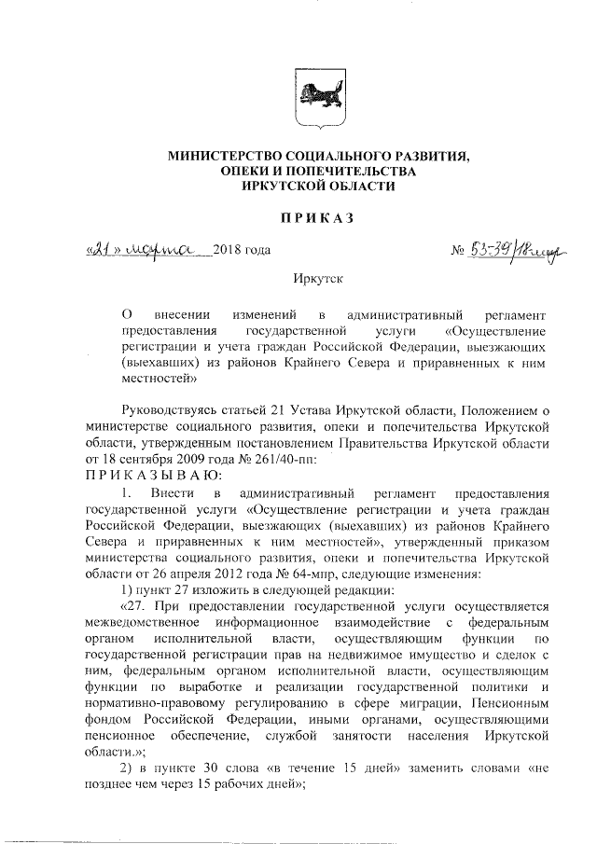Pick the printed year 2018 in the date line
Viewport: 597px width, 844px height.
click(229, 251)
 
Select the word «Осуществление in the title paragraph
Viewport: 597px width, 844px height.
click(495, 331)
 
